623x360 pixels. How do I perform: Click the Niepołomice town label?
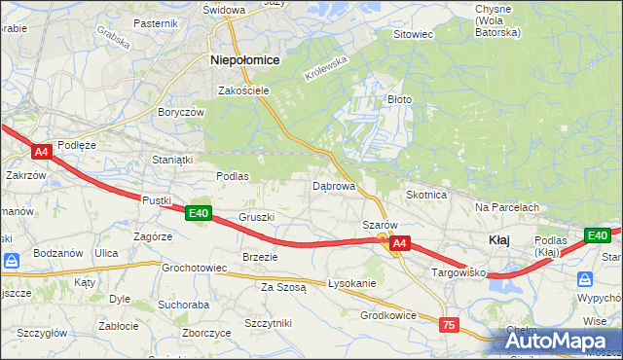[x=245, y=59]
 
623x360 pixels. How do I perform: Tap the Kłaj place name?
[x=497, y=240]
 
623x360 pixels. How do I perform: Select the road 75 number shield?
[x=449, y=325]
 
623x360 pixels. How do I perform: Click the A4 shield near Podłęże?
[x=41, y=152]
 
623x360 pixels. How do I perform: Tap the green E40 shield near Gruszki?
[x=199, y=213]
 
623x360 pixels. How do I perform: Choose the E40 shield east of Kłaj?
[x=597, y=235]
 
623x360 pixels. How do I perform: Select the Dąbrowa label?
[x=333, y=185]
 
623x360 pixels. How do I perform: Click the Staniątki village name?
[x=172, y=159]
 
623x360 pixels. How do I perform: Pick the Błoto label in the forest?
[x=400, y=99]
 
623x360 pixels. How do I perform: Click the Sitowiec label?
[x=412, y=34]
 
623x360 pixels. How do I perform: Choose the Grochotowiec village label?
[x=195, y=267]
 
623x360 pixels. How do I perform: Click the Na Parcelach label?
[x=507, y=207]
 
